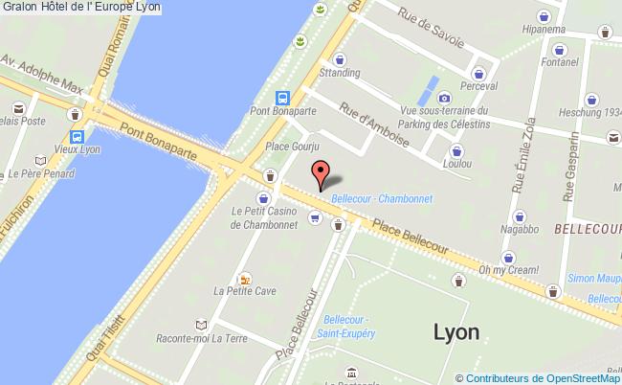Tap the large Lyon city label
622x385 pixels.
[456, 332]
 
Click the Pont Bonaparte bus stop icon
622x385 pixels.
[283, 98]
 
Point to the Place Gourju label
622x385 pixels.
[291, 148]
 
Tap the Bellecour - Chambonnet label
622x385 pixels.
[382, 199]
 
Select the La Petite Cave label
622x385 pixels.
[245, 290]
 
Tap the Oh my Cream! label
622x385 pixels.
[510, 269]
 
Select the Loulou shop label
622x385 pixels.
[456, 163]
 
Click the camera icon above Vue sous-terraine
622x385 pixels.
[444, 98]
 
